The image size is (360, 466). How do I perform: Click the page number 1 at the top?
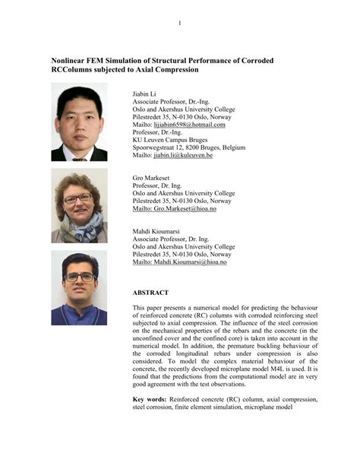coord(180,23)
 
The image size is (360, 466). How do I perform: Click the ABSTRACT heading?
coord(156,293)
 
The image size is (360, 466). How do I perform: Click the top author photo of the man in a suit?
coord(79,122)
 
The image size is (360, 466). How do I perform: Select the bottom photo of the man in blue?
coord(79,289)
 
